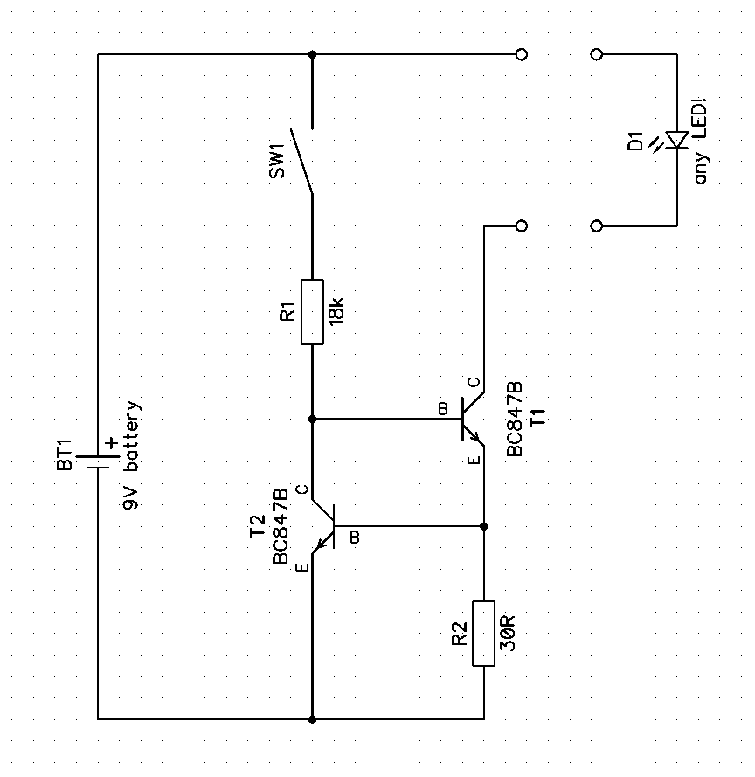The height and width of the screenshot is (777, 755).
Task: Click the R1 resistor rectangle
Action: point(312,312)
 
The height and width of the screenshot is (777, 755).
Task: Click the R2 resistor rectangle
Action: point(483,633)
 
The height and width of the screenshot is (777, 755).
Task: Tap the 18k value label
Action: point(338,312)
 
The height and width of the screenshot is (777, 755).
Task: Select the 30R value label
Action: point(509,633)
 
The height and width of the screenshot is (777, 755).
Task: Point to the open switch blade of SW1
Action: point(302,161)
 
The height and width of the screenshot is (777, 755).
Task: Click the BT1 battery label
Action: point(66,454)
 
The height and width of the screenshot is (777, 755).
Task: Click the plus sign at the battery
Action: point(111,443)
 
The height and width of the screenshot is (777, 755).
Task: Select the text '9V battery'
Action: point(131,455)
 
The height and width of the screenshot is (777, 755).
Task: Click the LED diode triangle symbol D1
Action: point(676,140)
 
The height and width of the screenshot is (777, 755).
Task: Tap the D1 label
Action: point(635,141)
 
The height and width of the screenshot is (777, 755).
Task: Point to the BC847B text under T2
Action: point(281,528)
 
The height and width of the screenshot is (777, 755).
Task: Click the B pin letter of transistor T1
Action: point(443,408)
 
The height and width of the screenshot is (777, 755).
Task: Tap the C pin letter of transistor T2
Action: point(301,489)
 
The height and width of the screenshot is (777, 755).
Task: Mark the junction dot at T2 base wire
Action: point(483,526)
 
